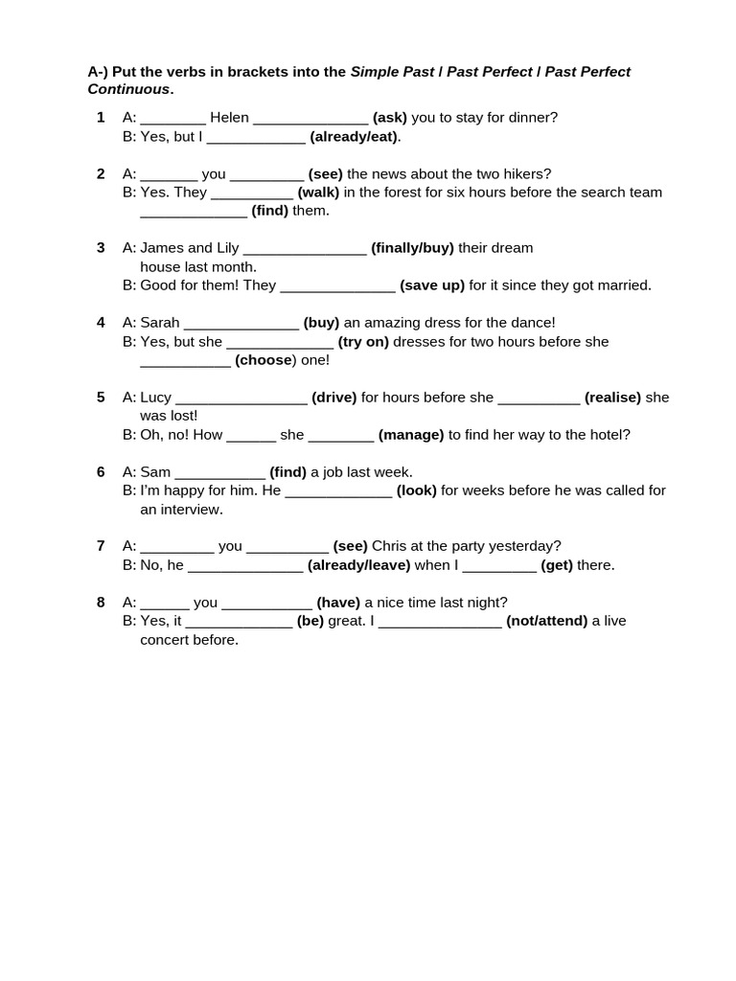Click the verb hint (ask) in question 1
point(390,118)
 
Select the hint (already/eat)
point(355,137)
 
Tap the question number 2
point(101,173)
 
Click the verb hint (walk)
point(318,193)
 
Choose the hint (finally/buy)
point(412,248)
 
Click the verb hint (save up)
point(432,285)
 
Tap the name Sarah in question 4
point(159,323)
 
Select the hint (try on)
point(363,342)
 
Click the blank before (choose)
point(185,361)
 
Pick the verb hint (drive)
point(333,398)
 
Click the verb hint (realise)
point(612,398)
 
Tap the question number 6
point(101,472)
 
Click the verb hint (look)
point(417,490)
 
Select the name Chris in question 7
point(391,546)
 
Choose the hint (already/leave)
point(358,565)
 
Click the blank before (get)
point(499,566)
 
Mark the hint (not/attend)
point(546,621)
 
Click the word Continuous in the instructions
point(128,89)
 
